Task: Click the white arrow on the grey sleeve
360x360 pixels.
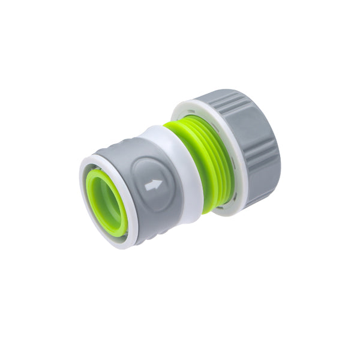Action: (x=153, y=185)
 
